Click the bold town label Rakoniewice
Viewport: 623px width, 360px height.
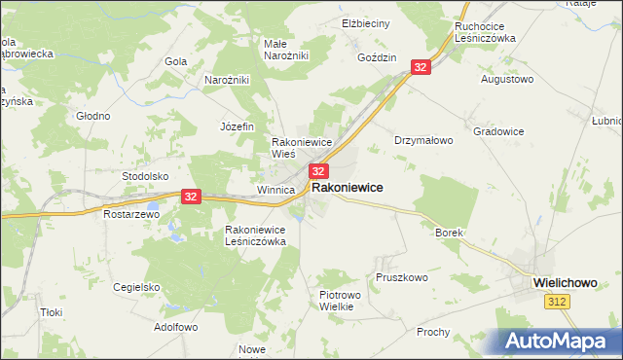click(347, 187)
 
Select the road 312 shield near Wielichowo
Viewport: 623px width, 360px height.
click(555, 303)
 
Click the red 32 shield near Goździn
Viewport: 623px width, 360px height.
click(421, 67)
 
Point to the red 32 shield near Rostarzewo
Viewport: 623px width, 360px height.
click(191, 196)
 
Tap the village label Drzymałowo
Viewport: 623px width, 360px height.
click(423, 140)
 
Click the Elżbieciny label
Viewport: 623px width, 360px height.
click(366, 22)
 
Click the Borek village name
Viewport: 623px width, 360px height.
click(448, 234)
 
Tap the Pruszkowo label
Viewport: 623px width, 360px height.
click(401, 277)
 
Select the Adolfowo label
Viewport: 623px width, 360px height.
click(176, 328)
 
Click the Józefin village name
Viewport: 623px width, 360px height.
click(237, 126)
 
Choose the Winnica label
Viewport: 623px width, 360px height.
click(275, 190)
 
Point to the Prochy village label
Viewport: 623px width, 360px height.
click(432, 332)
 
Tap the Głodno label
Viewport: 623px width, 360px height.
click(93, 116)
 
